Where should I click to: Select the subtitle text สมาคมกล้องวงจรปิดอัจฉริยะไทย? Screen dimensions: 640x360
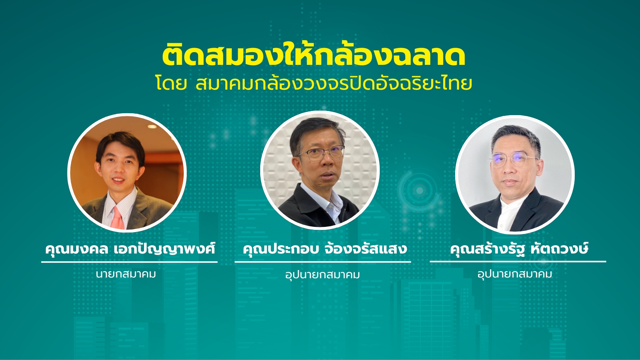coord(334,83)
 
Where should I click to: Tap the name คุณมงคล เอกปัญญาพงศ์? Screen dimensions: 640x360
coord(130,249)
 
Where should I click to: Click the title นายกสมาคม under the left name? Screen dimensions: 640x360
coord(126,274)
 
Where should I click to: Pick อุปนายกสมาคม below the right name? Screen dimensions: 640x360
coord(514,274)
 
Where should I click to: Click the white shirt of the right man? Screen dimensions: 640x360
coord(508,214)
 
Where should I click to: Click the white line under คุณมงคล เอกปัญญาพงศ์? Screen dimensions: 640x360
coord(129,262)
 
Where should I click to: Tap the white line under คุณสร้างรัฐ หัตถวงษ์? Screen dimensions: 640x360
coord(518,261)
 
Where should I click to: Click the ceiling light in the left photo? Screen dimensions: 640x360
coord(152,126)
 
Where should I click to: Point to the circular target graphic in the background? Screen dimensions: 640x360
coord(420,190)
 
